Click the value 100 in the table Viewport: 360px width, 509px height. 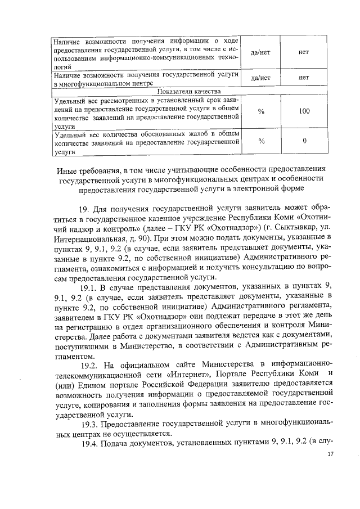(x=304, y=111)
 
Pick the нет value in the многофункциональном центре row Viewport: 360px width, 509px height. (x=304, y=78)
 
